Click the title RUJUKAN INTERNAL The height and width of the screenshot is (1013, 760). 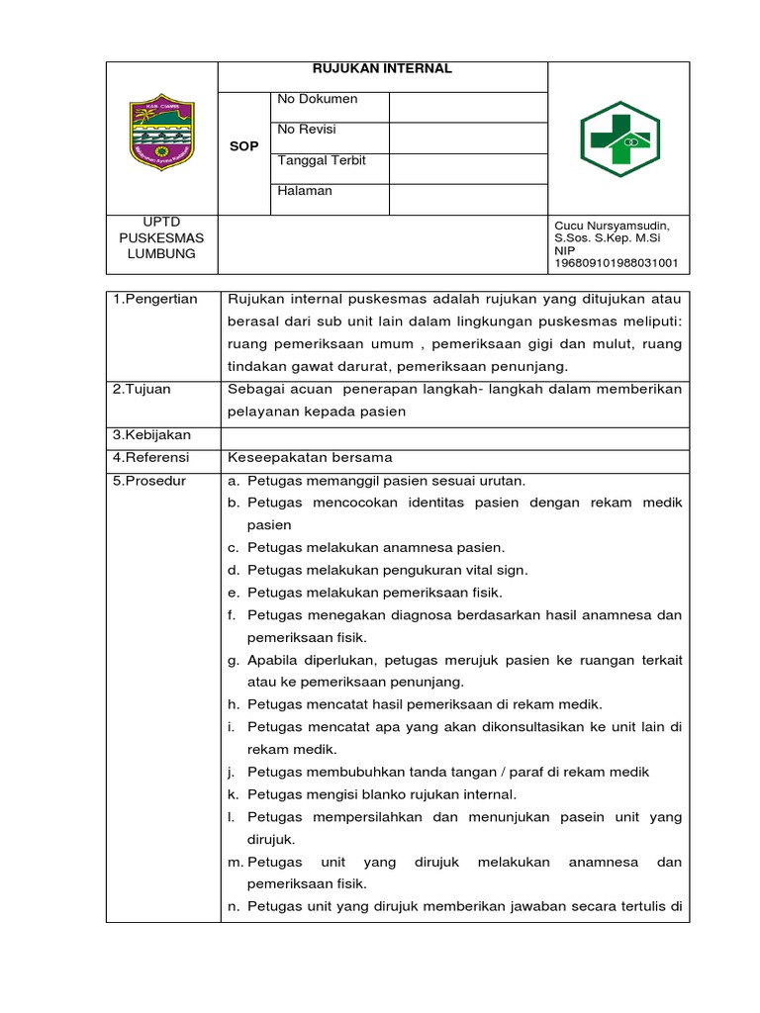point(382,69)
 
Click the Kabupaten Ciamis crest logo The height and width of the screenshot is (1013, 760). point(162,135)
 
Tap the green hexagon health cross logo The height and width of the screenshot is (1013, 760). point(618,138)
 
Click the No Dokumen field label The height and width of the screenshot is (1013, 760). point(318,99)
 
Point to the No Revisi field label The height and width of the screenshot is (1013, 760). point(313,130)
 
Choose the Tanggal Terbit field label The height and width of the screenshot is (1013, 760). point(322,160)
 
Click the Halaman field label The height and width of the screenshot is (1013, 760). point(305,191)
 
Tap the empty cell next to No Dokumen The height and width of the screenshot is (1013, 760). point(467,107)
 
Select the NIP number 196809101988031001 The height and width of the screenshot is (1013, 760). point(616,263)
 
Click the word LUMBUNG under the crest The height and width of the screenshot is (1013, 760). point(162,254)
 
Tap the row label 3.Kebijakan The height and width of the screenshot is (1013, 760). point(151,435)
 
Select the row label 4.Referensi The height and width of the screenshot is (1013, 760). point(151,458)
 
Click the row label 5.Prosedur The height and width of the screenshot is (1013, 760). point(149,481)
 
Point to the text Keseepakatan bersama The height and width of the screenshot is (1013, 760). point(310,458)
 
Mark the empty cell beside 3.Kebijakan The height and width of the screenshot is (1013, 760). point(454,435)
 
